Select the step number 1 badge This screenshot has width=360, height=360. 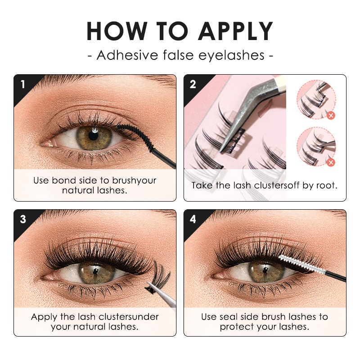(22, 84)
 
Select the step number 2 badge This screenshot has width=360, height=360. (193, 84)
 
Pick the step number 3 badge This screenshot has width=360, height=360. (22, 219)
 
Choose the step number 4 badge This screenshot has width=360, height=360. (193, 219)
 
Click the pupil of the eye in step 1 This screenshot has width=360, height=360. (94, 135)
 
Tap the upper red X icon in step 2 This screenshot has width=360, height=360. (331, 116)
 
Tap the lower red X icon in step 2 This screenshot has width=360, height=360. (331, 162)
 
